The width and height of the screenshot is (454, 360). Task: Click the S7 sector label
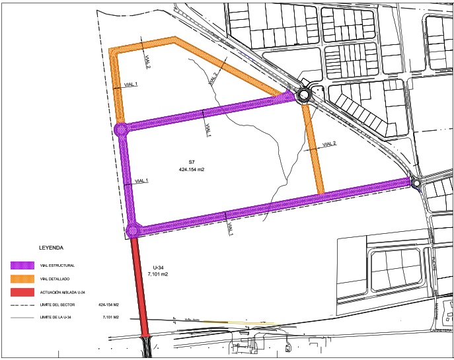pos(191,162)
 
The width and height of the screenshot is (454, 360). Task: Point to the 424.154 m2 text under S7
pos(191,170)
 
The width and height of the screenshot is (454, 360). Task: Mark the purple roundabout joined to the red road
pos(133,231)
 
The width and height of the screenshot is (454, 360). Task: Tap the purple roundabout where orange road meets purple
pos(121,129)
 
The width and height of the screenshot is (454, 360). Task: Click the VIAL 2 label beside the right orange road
pos(330,144)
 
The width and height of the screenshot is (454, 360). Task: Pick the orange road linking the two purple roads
pos(313,149)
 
